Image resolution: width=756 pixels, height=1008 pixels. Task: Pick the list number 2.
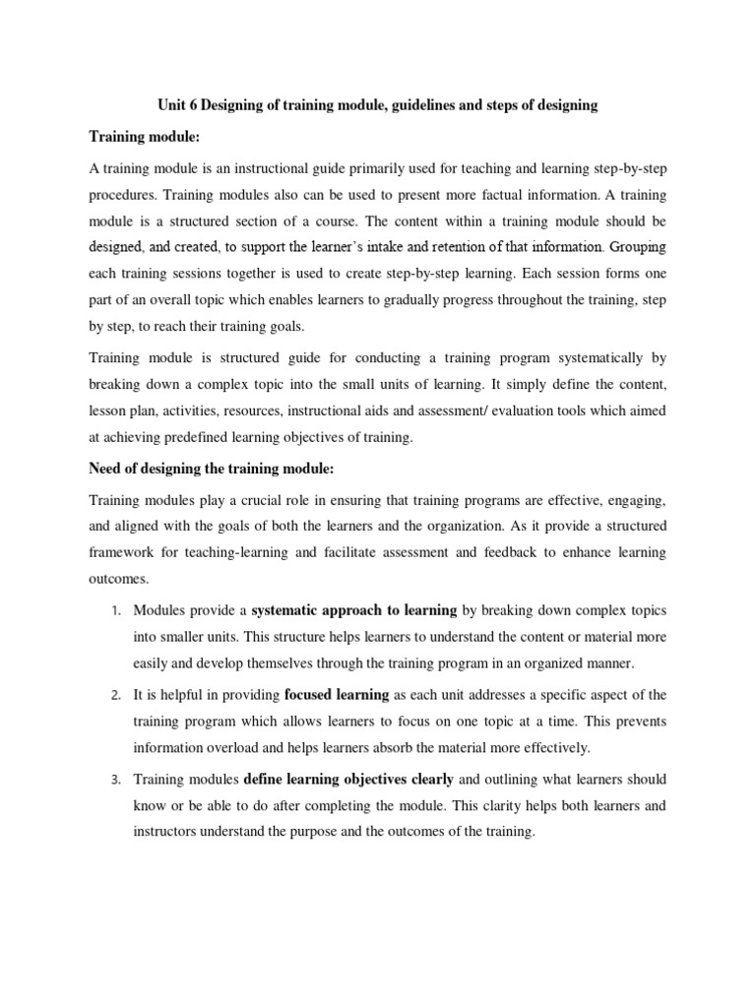point(113,696)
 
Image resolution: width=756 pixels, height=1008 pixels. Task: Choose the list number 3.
point(113,780)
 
